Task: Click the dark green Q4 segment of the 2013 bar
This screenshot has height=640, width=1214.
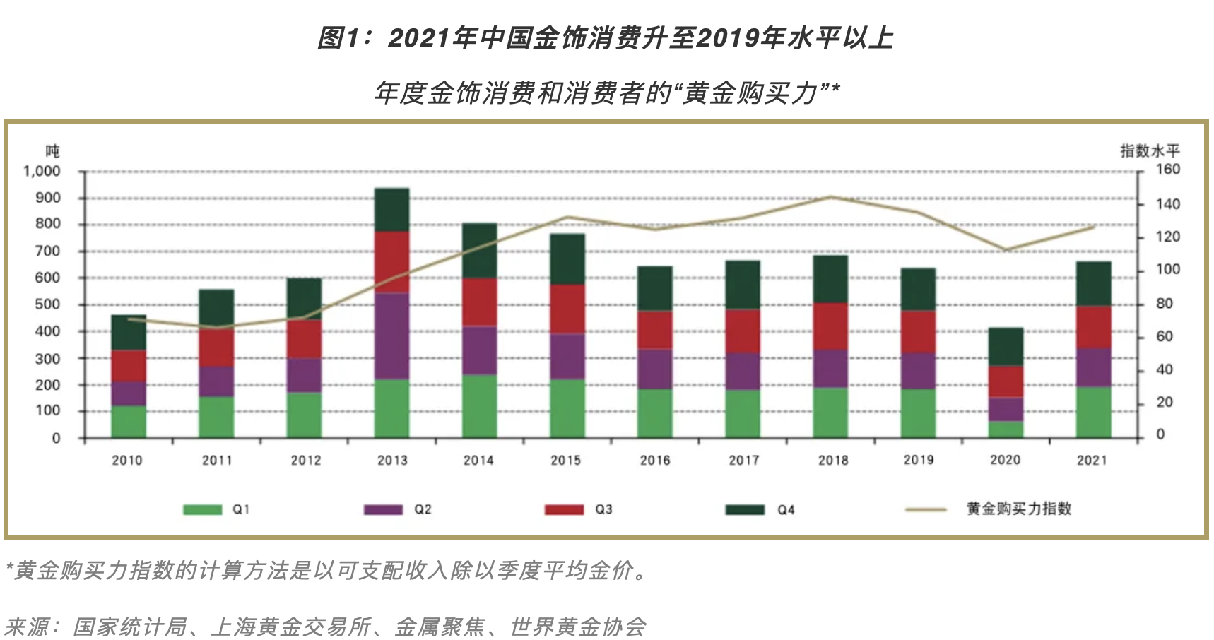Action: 392,210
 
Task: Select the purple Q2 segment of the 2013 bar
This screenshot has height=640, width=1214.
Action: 392,336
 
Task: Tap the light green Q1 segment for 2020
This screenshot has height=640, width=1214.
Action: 1006,429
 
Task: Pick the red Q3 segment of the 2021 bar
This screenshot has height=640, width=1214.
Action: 1093,327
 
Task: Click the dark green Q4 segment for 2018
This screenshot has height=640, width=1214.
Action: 830,279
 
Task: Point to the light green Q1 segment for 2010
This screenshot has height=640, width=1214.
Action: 129,422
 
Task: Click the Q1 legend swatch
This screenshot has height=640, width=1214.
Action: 203,509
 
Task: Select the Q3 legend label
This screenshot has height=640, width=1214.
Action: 603,509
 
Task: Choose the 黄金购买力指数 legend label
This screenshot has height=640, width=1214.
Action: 1018,509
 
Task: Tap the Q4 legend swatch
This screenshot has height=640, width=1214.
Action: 745,509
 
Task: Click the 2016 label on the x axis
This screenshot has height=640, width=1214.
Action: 655,461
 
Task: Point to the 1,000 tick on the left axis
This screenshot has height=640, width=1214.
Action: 42,172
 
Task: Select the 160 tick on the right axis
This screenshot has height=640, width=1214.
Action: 1167,170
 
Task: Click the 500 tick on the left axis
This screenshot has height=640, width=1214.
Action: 47,304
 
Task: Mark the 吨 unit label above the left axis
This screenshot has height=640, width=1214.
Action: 52,150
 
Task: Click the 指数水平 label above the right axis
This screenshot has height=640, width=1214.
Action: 1150,150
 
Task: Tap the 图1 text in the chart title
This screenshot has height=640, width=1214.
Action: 338,38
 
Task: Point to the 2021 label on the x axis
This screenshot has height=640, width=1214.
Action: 1092,461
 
